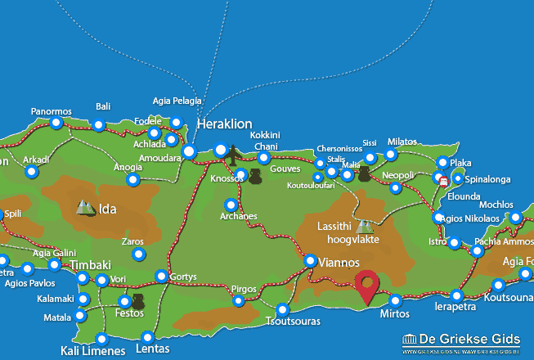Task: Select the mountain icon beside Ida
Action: pyautogui.click(x=85, y=208)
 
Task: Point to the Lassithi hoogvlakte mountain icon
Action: pyautogui.click(x=363, y=225)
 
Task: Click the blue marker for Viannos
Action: pyautogui.click(x=311, y=261)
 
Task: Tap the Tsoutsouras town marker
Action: pyautogui.click(x=283, y=310)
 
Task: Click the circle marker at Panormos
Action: pyautogui.click(x=56, y=124)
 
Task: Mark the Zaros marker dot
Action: pyautogui.click(x=138, y=254)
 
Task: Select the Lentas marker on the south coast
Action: pyautogui.click(x=147, y=337)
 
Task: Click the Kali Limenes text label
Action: pyautogui.click(x=92, y=352)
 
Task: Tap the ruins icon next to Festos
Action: pyautogui.click(x=137, y=302)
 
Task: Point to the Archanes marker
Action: pyautogui.click(x=231, y=205)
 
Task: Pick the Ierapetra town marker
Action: pyautogui.click(x=456, y=295)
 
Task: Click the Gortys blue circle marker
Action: pyautogui.click(x=162, y=277)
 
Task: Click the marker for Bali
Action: pyautogui.click(x=99, y=125)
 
